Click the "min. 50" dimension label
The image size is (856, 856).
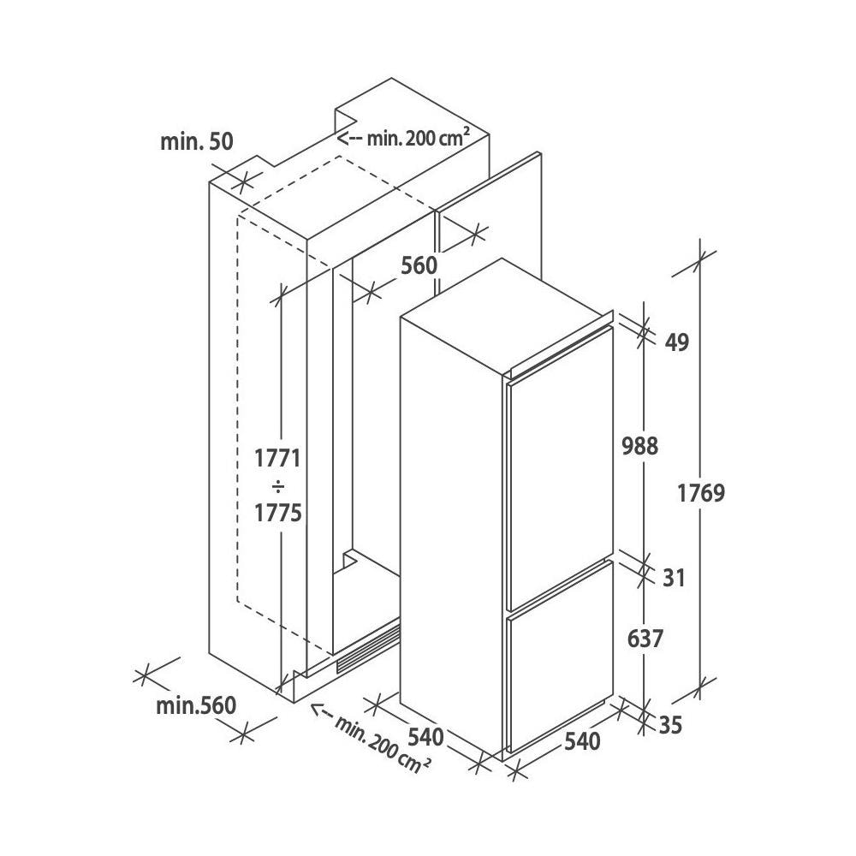point(197,141)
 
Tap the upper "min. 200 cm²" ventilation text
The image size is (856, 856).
point(419,138)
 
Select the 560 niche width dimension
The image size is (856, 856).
point(419,265)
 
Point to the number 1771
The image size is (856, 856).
point(278,458)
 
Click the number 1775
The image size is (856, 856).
point(278,513)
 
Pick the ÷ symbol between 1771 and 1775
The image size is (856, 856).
point(278,485)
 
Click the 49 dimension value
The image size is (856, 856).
point(677,342)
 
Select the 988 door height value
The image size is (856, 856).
point(640,446)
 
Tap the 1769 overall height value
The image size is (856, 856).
point(701,493)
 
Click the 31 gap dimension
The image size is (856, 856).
point(674,578)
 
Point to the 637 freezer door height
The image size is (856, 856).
point(645,639)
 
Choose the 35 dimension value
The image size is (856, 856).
point(671,726)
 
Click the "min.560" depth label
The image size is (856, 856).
point(196,706)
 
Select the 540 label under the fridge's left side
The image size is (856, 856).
point(425,737)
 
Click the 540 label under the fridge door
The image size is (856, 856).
point(582,741)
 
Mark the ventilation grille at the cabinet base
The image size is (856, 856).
point(368,649)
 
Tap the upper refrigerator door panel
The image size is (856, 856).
point(561,468)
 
